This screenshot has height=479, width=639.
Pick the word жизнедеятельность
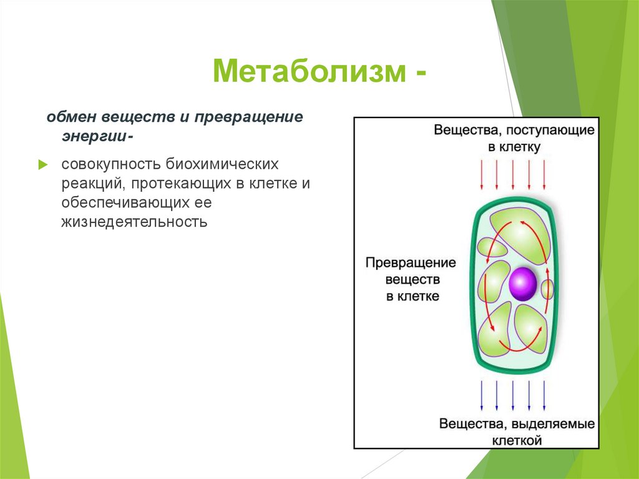click(134, 221)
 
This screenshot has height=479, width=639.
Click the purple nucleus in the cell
click(522, 284)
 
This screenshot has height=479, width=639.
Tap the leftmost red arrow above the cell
click(481, 174)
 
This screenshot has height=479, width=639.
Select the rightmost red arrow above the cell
click(545, 174)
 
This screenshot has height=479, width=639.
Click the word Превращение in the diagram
click(411, 262)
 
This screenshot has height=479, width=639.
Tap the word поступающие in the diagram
click(550, 131)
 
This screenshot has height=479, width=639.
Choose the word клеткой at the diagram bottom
click(515, 440)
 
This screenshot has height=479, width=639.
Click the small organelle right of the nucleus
click(547, 289)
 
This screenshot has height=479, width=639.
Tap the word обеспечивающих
click(125, 203)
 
